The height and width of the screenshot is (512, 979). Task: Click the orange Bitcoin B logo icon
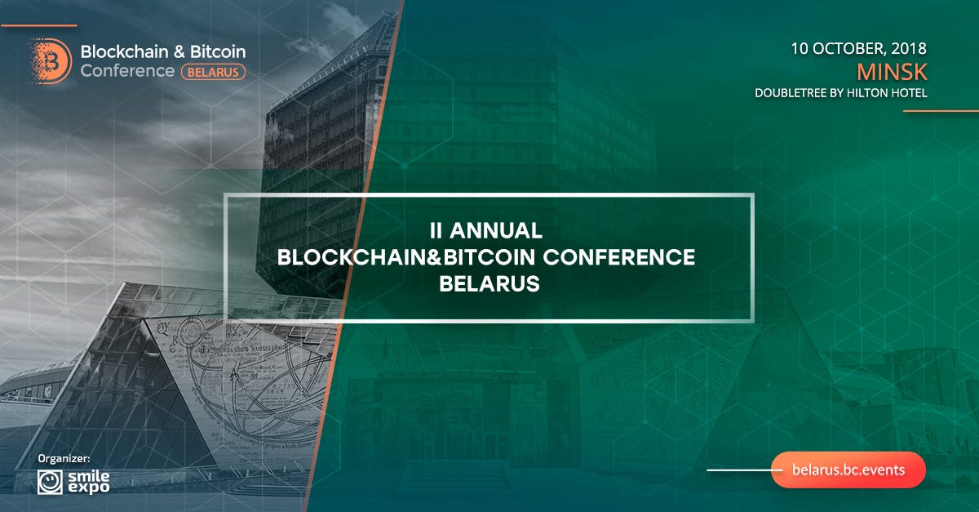[51, 60]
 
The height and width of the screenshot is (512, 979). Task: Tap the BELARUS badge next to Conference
[213, 72]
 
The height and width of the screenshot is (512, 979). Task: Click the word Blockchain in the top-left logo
[125, 51]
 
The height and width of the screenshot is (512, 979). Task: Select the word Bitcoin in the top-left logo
[218, 51]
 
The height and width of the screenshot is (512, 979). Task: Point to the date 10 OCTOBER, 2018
[858, 48]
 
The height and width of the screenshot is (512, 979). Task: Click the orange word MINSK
[892, 72]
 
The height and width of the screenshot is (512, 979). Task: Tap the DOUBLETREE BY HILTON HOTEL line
[841, 93]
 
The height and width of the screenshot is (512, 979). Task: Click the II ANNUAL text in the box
[486, 230]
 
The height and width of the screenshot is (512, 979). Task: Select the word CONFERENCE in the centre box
[619, 257]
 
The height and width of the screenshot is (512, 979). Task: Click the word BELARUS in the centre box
[489, 284]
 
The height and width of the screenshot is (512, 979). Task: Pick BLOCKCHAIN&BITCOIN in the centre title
[406, 257]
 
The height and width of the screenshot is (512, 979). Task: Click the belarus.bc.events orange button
[848, 470]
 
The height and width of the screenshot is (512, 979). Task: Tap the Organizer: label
[64, 459]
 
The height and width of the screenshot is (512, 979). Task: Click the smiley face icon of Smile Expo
[50, 483]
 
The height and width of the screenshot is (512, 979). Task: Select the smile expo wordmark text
[89, 483]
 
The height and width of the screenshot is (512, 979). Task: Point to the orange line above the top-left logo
[39, 26]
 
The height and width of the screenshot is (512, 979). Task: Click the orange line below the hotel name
[941, 111]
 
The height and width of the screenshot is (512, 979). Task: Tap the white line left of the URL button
[745, 470]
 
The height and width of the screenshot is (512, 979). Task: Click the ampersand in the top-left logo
[179, 51]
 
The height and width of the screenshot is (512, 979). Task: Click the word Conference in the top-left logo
[127, 71]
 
